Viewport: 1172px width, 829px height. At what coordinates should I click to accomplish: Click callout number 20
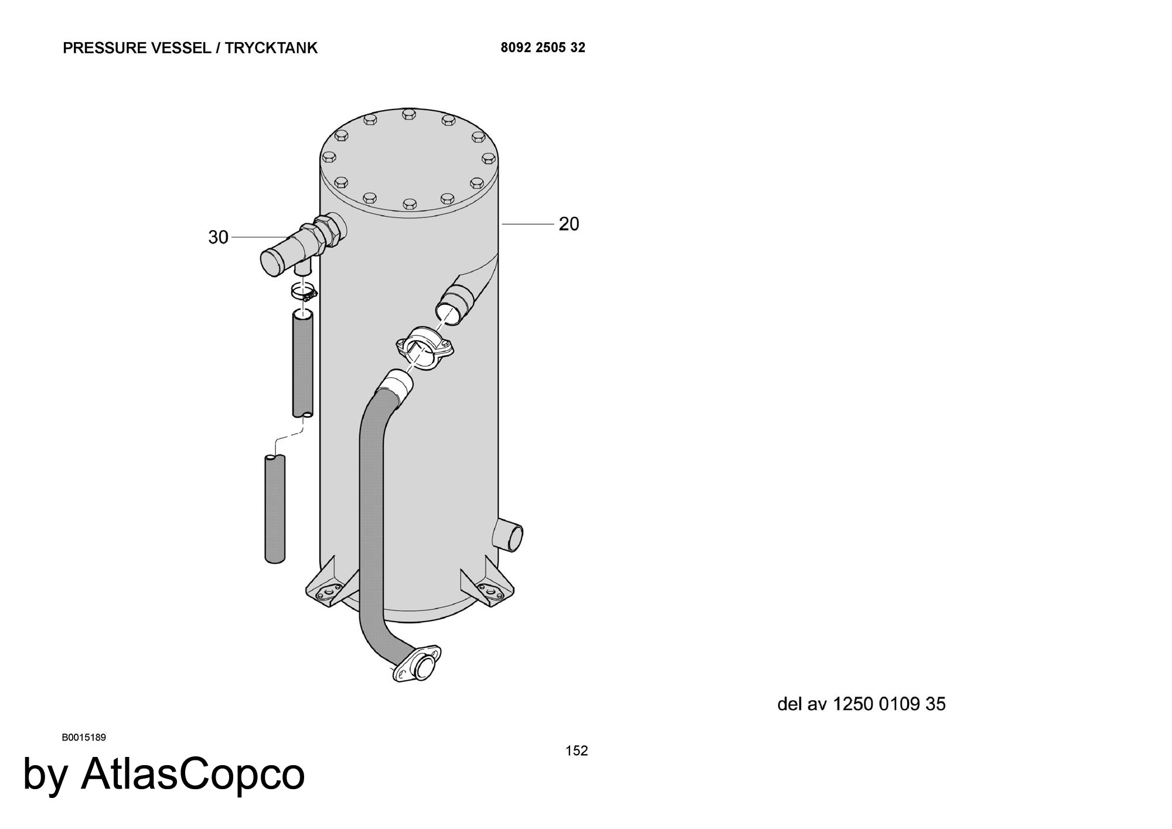pyautogui.click(x=568, y=224)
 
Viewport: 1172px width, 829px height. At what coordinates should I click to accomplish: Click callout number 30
pyautogui.click(x=218, y=237)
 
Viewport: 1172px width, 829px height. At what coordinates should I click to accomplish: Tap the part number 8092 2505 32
pyautogui.click(x=543, y=47)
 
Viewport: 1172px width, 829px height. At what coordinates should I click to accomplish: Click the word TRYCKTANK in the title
pyautogui.click(x=271, y=48)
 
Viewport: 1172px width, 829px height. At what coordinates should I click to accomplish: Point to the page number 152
pyautogui.click(x=577, y=750)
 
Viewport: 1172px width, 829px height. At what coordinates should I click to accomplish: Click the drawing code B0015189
pyautogui.click(x=84, y=737)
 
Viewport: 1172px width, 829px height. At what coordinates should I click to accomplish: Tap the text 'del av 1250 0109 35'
pyautogui.click(x=861, y=704)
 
